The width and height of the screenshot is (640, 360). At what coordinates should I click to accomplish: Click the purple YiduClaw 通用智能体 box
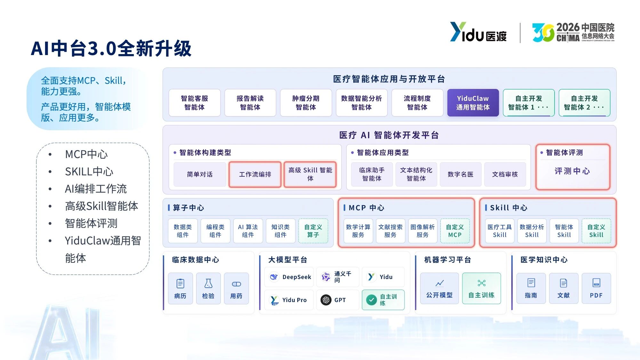click(473, 103)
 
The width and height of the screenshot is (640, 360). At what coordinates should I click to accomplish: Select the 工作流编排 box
click(255, 174)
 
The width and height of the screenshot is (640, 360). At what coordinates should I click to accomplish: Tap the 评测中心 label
click(572, 171)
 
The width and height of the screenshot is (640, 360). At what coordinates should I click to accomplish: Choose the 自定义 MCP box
click(455, 231)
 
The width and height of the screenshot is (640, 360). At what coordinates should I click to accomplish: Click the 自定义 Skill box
click(596, 231)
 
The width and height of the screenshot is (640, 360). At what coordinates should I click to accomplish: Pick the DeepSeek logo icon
click(274, 277)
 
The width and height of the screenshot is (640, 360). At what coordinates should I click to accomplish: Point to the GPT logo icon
click(326, 300)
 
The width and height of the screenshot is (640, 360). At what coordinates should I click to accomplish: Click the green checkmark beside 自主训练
click(371, 300)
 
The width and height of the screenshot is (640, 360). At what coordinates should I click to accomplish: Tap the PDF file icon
click(596, 283)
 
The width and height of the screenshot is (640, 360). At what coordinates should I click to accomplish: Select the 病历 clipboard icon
click(180, 284)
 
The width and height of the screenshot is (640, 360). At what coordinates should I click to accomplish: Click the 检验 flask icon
click(208, 284)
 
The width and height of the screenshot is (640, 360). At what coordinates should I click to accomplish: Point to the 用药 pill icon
click(236, 284)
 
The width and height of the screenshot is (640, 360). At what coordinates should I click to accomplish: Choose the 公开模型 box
click(439, 288)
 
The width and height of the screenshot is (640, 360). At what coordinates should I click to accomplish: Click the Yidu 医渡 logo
click(478, 32)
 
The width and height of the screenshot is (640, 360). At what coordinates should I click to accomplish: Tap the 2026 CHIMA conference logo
click(573, 32)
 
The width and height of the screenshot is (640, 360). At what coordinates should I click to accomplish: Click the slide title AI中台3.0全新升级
click(111, 49)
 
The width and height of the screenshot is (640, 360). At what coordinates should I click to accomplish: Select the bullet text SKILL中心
click(89, 172)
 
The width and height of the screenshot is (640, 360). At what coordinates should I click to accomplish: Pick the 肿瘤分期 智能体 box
click(306, 103)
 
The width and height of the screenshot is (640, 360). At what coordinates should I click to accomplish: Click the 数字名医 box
click(460, 174)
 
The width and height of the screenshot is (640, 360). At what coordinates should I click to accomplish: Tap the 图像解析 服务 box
click(422, 231)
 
